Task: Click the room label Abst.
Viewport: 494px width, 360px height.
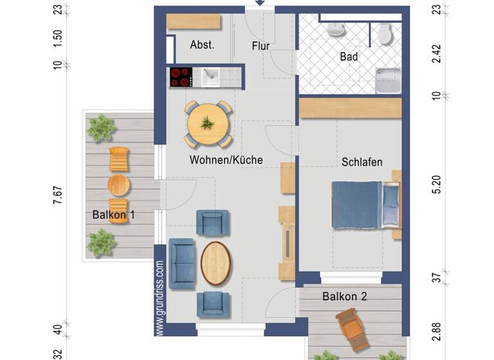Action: tap(202, 45)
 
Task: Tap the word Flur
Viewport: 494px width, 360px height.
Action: tap(261, 46)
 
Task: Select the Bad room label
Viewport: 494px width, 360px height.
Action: tap(349, 57)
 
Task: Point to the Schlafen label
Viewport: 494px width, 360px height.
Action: tap(362, 162)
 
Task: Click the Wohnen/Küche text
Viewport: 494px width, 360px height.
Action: tap(226, 159)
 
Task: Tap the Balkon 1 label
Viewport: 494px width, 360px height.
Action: tap(113, 215)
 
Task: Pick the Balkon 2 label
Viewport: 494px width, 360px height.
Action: tap(345, 296)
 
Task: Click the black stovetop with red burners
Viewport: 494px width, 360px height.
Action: tap(182, 78)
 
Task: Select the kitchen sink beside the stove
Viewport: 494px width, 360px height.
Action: tap(211, 78)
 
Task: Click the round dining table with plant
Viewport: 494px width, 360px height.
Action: tap(208, 123)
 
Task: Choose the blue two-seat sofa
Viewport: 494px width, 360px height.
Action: tap(181, 263)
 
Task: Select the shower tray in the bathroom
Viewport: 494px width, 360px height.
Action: tap(389, 81)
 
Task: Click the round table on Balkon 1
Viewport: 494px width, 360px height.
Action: tap(118, 185)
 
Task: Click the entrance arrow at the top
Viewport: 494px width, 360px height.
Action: tap(260, 3)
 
